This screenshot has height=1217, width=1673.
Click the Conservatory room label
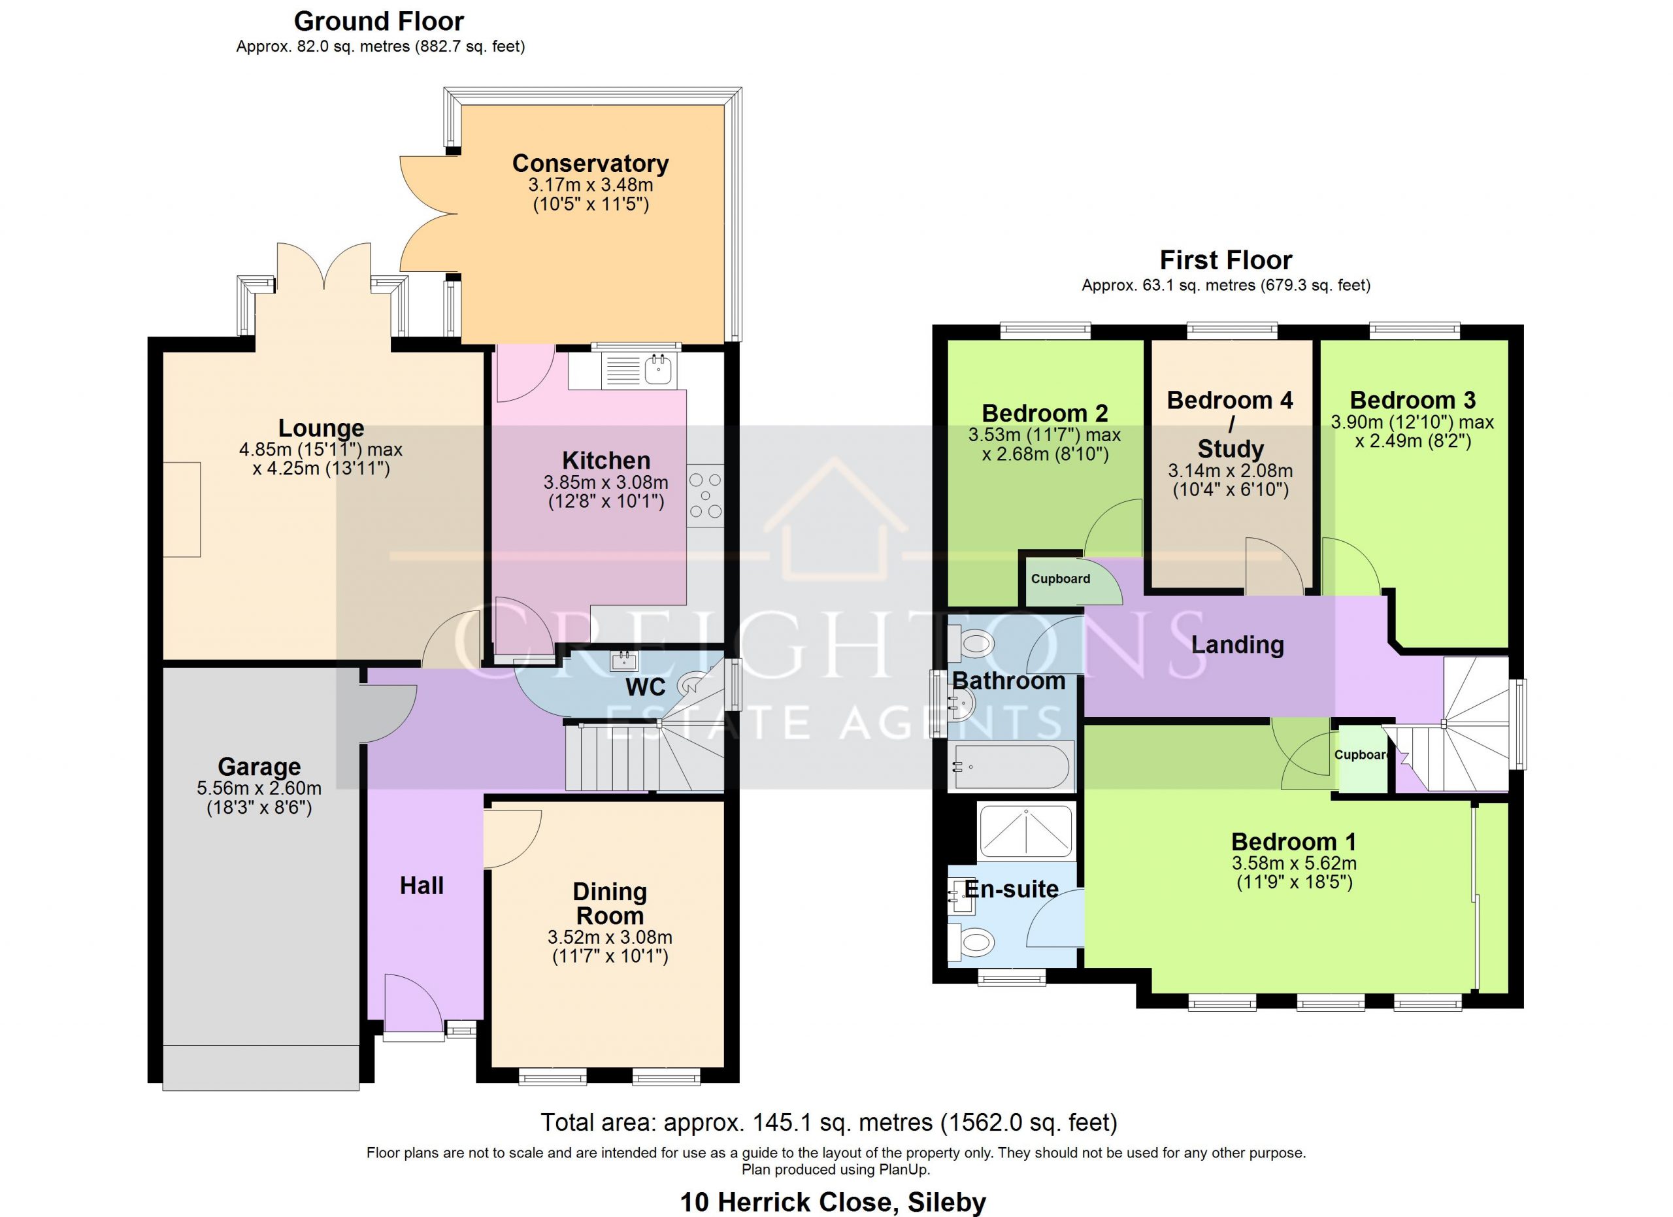pos(590,163)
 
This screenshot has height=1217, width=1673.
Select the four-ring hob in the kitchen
pos(705,495)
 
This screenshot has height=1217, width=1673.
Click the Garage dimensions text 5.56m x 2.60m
pos(259,788)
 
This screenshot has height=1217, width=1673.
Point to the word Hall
pos(422,885)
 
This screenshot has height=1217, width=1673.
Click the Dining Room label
pos(610,903)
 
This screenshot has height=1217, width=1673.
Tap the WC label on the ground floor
pos(646,688)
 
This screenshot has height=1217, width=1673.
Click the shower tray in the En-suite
pos(1025,832)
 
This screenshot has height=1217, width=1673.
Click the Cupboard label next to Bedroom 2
pos(1060,579)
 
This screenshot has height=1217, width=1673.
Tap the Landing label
pos(1237,645)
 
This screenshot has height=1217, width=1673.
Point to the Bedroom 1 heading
pos(1294,842)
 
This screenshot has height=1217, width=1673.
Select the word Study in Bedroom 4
pos(1231,448)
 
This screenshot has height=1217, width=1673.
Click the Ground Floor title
pos(379,22)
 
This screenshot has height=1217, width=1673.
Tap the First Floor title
pos(1226,260)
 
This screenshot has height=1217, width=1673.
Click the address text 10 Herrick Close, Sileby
pos(833,1202)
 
